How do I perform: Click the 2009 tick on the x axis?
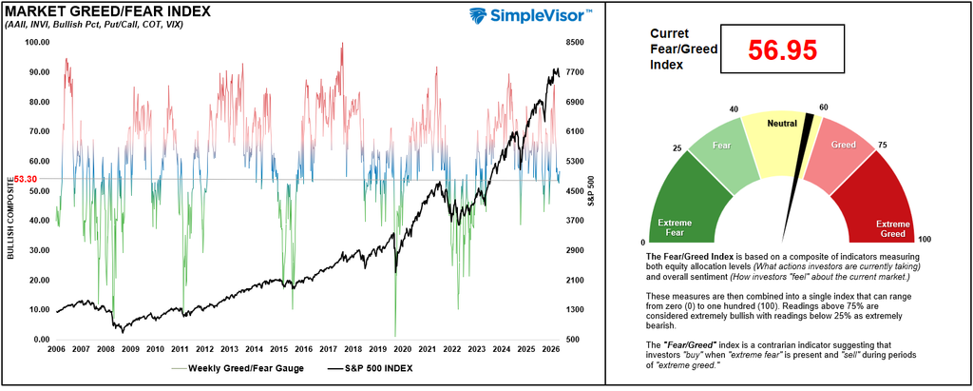pos(130,349)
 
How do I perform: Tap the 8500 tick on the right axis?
pos(575,42)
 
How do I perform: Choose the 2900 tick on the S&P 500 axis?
pos(575,250)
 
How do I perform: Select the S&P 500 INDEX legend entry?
pos(369,368)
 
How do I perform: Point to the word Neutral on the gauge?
pos(782,124)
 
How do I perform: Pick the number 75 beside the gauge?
pos(881,146)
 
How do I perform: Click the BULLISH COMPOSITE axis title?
pos(10,218)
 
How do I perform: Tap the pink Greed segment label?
pos(843,145)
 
